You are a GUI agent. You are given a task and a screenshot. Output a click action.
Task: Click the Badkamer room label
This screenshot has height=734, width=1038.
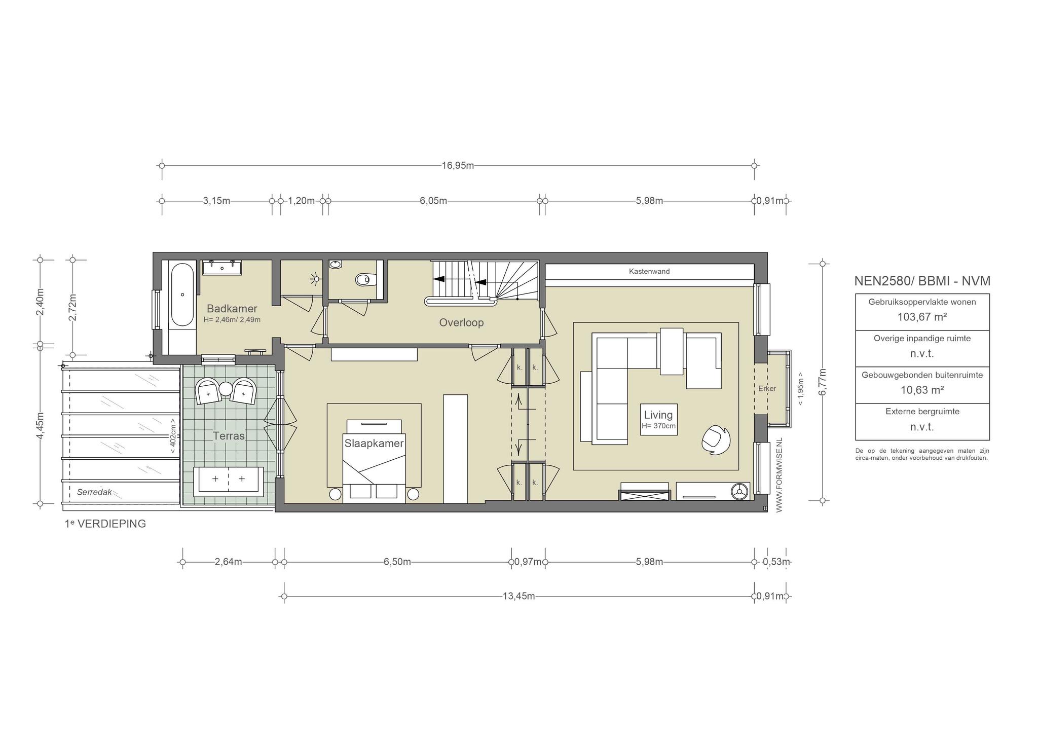tap(232, 309)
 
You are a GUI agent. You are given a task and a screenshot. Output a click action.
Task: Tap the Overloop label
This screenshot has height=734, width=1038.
tap(461, 322)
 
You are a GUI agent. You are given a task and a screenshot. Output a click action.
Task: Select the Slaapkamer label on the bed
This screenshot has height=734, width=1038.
tap(374, 443)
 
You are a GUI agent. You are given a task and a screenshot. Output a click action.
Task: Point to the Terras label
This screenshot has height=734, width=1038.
tap(229, 435)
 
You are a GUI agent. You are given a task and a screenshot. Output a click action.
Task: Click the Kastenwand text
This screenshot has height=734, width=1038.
tap(649, 271)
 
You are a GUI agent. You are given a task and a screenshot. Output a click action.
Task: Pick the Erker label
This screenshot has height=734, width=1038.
tap(767, 389)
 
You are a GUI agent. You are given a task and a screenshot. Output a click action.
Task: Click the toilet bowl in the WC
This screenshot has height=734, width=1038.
tap(364, 279)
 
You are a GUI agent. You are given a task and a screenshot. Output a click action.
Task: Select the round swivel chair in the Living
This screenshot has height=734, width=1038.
tap(716, 439)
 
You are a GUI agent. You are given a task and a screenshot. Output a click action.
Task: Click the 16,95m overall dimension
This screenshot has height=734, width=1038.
tap(458, 166)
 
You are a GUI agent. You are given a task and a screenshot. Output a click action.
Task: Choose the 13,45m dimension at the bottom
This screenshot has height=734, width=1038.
tap(518, 596)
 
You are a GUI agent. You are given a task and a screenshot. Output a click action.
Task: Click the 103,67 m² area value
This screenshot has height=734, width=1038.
tap(922, 317)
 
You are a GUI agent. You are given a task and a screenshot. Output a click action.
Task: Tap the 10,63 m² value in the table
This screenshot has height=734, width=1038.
tap(922, 390)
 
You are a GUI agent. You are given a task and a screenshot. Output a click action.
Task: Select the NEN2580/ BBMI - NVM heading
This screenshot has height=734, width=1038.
tap(922, 281)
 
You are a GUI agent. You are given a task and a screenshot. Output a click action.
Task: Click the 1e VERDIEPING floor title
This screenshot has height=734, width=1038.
tap(105, 524)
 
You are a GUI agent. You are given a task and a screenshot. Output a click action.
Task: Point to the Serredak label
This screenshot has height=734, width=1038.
tap(94, 492)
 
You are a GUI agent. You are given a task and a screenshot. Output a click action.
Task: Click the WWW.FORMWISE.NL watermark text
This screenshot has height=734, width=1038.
tap(780, 475)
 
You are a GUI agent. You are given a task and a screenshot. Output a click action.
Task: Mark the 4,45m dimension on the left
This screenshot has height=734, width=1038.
tap(41, 427)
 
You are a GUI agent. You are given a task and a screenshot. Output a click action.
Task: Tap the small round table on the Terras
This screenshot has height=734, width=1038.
tap(226, 389)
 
